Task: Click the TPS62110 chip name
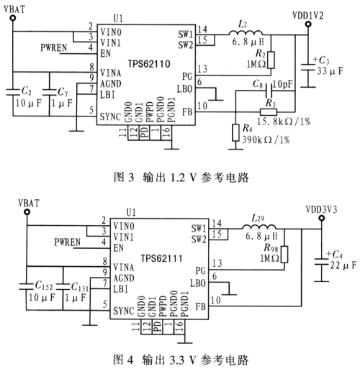point(149,64)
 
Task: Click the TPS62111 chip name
point(162,258)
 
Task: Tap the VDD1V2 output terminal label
point(308,16)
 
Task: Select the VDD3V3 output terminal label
point(321,209)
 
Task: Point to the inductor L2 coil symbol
point(246,33)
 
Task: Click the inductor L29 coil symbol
point(259,227)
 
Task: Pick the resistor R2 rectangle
point(271,60)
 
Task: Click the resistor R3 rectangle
point(269,112)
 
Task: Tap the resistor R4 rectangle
point(235,132)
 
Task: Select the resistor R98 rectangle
point(284,254)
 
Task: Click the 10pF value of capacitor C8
point(283,84)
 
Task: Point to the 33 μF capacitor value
point(330,71)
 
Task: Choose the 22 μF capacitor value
point(343,265)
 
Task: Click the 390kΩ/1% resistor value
point(266,140)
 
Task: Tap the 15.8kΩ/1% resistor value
point(284,122)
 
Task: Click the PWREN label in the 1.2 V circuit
point(54,47)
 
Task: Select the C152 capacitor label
point(44,286)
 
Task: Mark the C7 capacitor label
point(63,91)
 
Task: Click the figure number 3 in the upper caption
point(130,178)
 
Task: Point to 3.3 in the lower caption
point(177,360)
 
